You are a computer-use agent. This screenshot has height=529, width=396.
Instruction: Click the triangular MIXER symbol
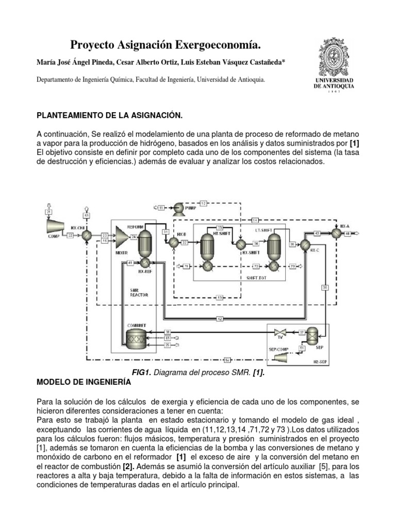pyautogui.click(x=122, y=238)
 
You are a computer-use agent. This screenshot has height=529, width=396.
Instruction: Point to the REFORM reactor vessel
pyautogui.click(x=146, y=239)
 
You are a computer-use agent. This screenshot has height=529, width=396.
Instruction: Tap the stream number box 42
pyautogui.click(x=220, y=319)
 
